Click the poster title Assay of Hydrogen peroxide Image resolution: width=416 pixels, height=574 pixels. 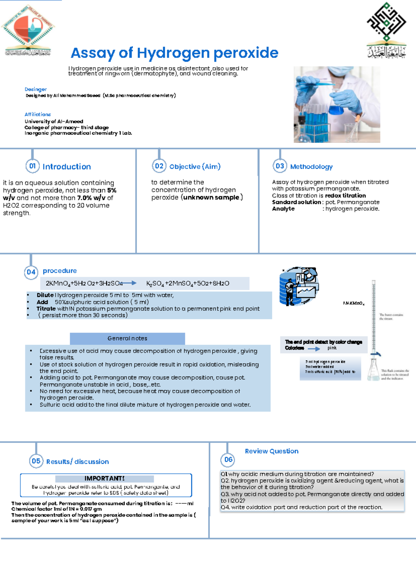174,53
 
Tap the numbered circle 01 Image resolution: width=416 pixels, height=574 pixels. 32,166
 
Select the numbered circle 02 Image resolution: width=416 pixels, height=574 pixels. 159,166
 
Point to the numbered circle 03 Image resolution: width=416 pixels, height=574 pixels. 280,166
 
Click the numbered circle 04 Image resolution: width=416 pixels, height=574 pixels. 31,272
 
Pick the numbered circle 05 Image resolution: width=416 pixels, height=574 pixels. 36,461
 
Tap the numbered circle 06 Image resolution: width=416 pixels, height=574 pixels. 228,460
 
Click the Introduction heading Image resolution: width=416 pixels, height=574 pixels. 67,167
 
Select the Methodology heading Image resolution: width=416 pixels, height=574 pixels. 311,167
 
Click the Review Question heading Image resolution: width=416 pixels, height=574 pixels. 271,451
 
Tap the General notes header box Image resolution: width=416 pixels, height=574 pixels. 127,338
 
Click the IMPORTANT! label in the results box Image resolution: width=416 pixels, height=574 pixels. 104,478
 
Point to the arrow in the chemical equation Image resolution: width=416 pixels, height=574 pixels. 129,283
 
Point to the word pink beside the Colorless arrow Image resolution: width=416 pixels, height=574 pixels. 332,348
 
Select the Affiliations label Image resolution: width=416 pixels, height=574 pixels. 38,114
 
